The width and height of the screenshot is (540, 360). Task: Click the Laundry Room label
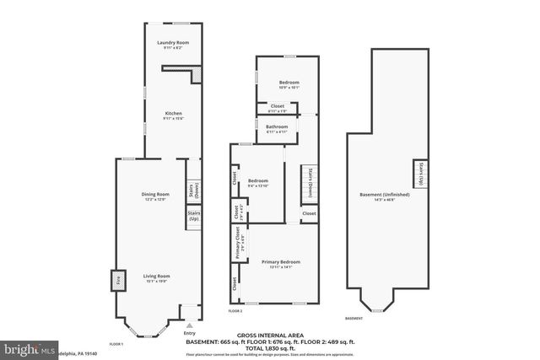tap(172, 42)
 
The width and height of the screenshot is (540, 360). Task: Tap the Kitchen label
tap(173, 114)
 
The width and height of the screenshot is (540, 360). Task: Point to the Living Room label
tap(156, 276)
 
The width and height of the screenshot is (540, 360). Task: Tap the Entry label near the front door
tap(189, 331)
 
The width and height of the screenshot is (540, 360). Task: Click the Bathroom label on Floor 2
tap(278, 126)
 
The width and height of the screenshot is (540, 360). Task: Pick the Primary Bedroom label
tap(280, 262)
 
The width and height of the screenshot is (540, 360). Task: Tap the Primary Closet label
tap(239, 245)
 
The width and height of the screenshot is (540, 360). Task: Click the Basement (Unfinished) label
tap(384, 195)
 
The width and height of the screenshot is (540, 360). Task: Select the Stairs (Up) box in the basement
tap(418, 175)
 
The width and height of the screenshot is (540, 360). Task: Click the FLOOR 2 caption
tap(235, 311)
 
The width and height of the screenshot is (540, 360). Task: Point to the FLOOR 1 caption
tap(117, 343)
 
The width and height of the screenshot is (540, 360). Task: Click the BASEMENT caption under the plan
tap(355, 318)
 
